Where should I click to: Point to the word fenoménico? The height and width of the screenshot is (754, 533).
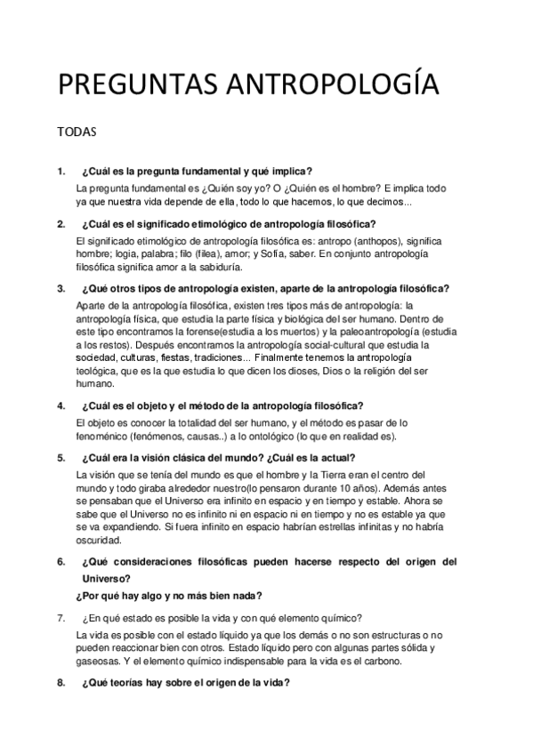point(108,437)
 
